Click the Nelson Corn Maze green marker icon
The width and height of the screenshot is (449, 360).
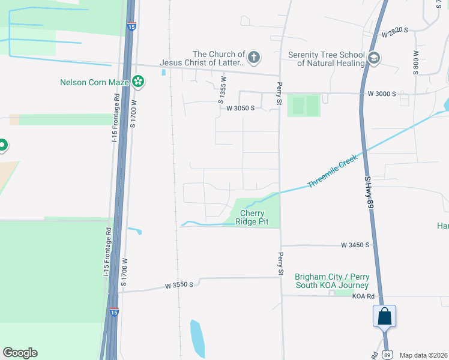138,81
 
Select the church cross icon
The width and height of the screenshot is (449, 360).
254,58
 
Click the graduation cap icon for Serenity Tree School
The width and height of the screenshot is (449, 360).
375,58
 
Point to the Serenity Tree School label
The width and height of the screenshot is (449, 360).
327,59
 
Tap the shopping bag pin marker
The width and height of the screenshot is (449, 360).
384,316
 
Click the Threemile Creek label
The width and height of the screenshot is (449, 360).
333,171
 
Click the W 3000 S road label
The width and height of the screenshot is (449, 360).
382,94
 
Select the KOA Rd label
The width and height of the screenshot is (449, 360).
363,296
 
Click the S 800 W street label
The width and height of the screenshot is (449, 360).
415,61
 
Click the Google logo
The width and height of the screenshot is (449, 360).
20,353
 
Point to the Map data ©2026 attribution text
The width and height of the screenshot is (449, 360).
423,355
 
